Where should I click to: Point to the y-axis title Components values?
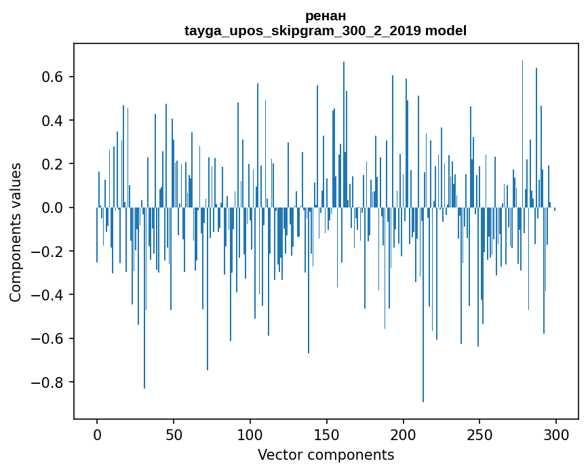click(15, 232)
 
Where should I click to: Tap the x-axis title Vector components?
click(326, 454)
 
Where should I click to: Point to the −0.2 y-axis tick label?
click(50, 251)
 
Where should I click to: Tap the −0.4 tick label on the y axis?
click(50, 295)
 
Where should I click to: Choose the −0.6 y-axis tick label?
click(50, 338)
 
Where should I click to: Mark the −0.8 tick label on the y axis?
click(50, 382)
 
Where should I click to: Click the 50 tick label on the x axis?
click(174, 434)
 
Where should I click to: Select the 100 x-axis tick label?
click(250, 434)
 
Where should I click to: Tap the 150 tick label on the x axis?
click(327, 434)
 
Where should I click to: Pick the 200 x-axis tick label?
click(404, 434)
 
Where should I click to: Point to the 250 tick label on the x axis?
click(479, 434)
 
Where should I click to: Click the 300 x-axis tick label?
click(556, 434)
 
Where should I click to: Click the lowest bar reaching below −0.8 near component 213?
click(423, 339)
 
